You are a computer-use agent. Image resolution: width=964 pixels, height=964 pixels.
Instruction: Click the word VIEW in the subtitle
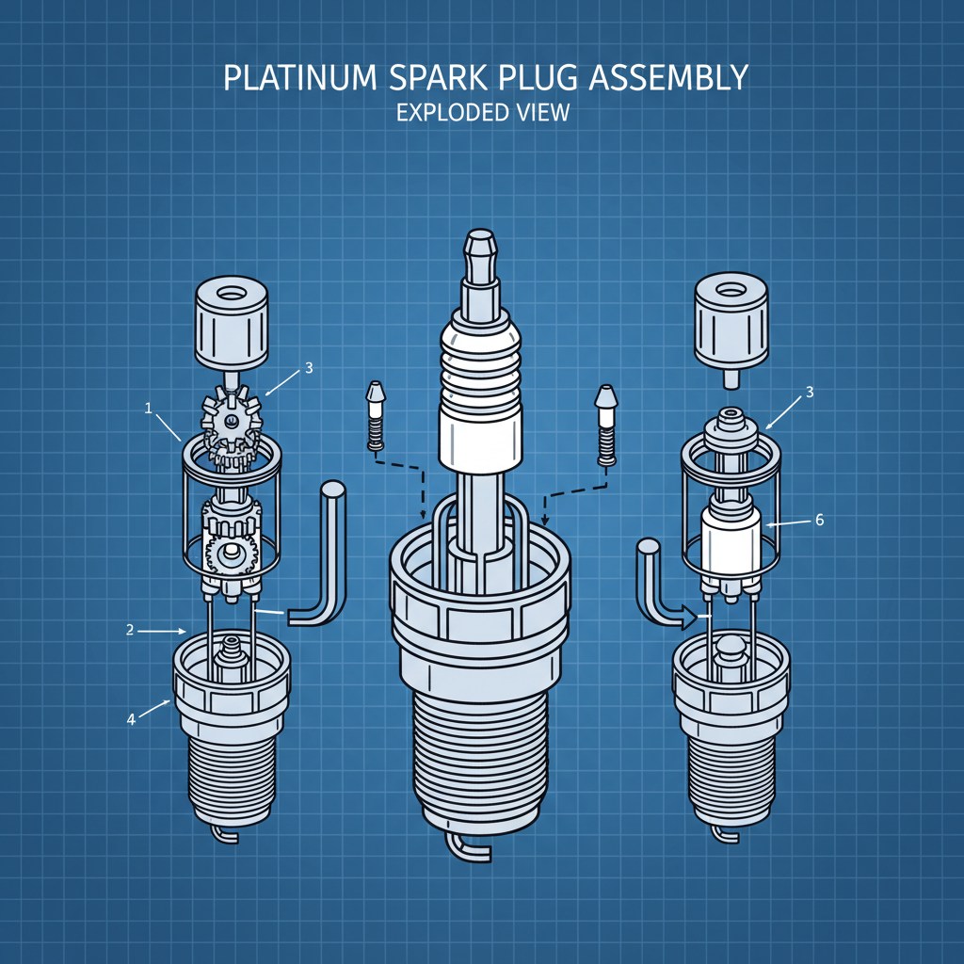click(542, 112)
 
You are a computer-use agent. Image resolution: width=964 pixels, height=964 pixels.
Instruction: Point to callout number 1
click(148, 407)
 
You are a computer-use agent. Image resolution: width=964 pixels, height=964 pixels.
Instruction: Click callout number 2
click(130, 630)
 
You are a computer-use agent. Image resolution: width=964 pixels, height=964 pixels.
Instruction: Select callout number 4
click(132, 720)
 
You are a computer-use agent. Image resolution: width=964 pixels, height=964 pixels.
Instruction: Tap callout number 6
click(819, 520)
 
